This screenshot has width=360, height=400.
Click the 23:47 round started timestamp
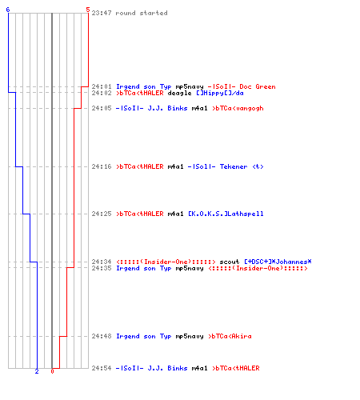click(x=102, y=13)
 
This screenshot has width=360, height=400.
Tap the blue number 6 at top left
click(x=8, y=10)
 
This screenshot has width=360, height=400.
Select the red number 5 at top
click(x=88, y=10)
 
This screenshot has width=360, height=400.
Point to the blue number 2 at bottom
click(x=37, y=371)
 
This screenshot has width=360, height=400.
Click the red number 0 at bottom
click(x=52, y=371)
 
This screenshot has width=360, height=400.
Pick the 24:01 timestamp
click(x=102, y=86)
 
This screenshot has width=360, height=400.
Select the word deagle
click(x=179, y=94)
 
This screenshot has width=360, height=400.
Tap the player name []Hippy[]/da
click(x=220, y=93)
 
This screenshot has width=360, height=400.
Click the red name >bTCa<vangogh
click(x=238, y=108)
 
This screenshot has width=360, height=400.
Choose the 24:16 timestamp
click(x=102, y=166)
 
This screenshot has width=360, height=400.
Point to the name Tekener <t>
click(x=242, y=166)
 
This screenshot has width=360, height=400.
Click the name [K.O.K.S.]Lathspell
click(x=226, y=214)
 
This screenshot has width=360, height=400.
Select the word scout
click(x=230, y=262)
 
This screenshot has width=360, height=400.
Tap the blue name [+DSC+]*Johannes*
click(x=278, y=262)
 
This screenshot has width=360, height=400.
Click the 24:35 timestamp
click(x=102, y=268)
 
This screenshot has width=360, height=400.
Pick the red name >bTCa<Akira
click(x=230, y=336)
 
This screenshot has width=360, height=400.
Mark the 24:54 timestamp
click(x=102, y=368)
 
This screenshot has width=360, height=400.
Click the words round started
click(x=142, y=13)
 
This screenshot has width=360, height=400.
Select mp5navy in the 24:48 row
click(x=190, y=337)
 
